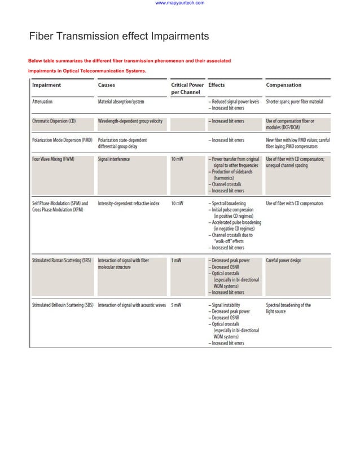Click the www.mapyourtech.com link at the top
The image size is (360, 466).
click(179, 3)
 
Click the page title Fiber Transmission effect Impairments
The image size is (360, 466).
click(119, 37)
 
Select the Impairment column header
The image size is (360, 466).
click(47, 85)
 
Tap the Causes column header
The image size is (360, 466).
click(107, 85)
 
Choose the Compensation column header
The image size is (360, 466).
click(283, 85)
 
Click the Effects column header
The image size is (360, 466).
click(217, 85)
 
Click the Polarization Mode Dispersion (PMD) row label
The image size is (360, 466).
click(62, 140)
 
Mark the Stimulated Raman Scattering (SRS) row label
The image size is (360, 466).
click(62, 261)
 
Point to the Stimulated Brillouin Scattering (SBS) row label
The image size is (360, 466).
click(63, 305)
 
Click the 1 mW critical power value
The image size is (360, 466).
click(176, 261)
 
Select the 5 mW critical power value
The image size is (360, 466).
click(176, 305)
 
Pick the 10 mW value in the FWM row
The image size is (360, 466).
click(177, 159)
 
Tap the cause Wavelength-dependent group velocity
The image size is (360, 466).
click(130, 121)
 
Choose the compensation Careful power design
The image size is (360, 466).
click(288, 261)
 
